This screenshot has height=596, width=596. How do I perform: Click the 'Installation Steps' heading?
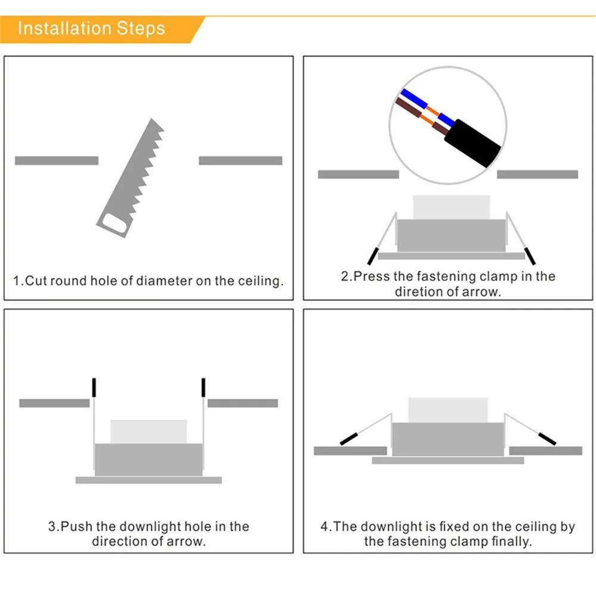91,28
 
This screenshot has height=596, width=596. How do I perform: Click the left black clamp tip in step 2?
372,256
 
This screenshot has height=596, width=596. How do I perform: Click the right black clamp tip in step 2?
530,256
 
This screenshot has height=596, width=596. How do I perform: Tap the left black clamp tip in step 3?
94,387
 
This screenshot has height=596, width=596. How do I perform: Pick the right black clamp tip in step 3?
203,387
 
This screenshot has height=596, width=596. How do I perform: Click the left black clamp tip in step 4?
348,439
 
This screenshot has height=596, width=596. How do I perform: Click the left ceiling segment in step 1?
56,160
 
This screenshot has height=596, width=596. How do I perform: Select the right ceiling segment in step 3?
243,403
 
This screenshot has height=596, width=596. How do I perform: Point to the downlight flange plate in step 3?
148,480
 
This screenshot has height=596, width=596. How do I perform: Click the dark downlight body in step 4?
447,439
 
